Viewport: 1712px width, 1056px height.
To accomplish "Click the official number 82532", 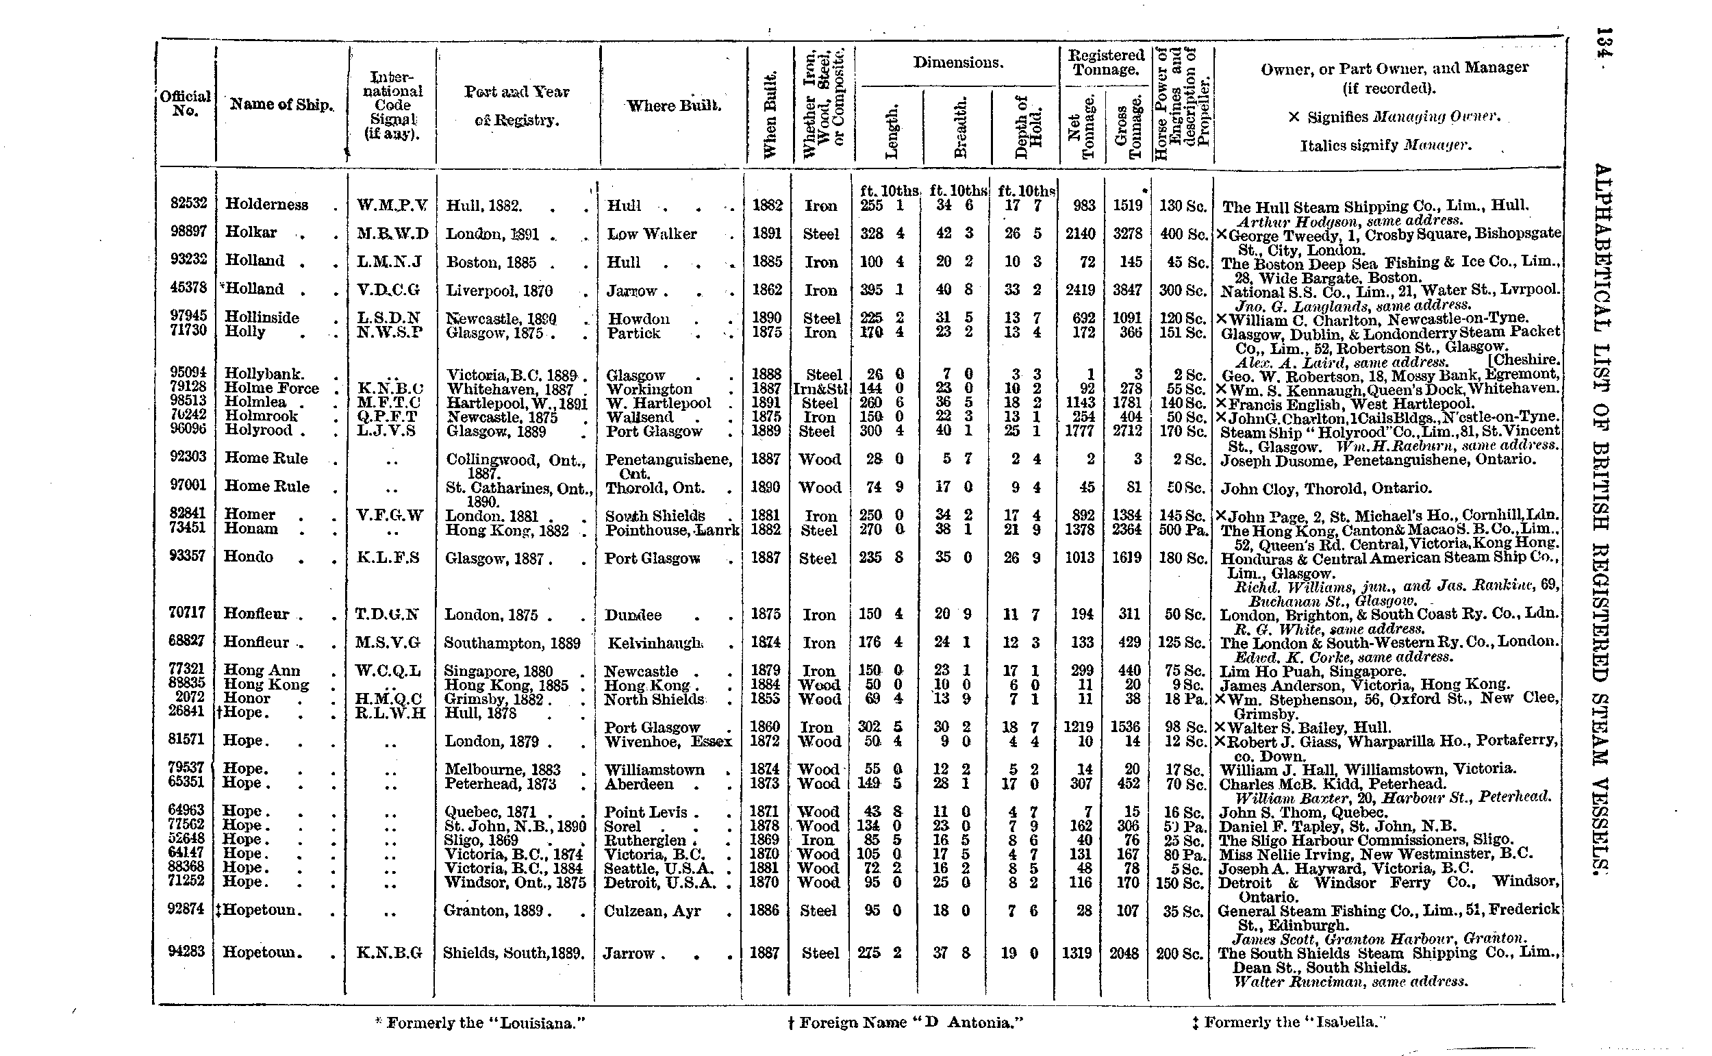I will pyautogui.click(x=188, y=203).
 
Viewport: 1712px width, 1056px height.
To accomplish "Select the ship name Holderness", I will pyautogui.click(x=266, y=205).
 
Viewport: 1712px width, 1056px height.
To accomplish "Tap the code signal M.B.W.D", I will pyautogui.click(x=392, y=234).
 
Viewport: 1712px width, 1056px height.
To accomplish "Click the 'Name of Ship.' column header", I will pyautogui.click(x=281, y=105).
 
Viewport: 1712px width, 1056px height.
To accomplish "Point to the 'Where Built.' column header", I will pyautogui.click(x=673, y=106).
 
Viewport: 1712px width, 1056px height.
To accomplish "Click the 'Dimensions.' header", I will pyautogui.click(x=958, y=63).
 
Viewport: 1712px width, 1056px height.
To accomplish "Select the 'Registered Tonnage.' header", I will pyautogui.click(x=1106, y=62).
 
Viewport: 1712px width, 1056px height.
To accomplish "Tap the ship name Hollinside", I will pyautogui.click(x=262, y=318).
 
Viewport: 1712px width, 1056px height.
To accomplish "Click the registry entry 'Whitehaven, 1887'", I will pyautogui.click(x=509, y=389).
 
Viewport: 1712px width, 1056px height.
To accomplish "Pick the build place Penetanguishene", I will pyautogui.click(x=668, y=460).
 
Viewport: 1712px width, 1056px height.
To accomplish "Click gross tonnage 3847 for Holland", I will pyautogui.click(x=1127, y=290).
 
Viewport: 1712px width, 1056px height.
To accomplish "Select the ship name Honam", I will pyautogui.click(x=251, y=529).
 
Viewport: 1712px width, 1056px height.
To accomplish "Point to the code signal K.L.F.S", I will pyautogui.click(x=389, y=557).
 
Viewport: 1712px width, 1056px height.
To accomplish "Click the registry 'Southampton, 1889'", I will pyautogui.click(x=512, y=642).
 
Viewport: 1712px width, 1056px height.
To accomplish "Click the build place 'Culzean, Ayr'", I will pyautogui.click(x=651, y=911).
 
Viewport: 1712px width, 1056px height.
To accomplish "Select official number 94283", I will pyautogui.click(x=186, y=951).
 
